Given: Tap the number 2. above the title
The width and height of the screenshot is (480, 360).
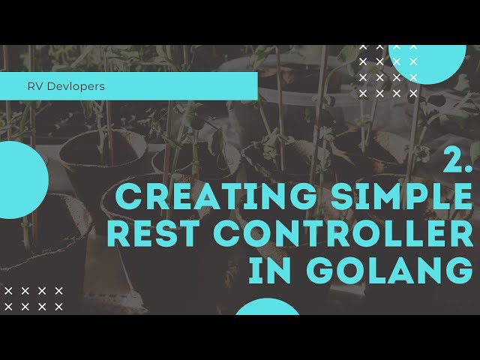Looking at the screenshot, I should click(457, 160).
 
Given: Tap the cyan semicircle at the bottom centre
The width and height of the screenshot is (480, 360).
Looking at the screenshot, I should click(268, 307).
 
